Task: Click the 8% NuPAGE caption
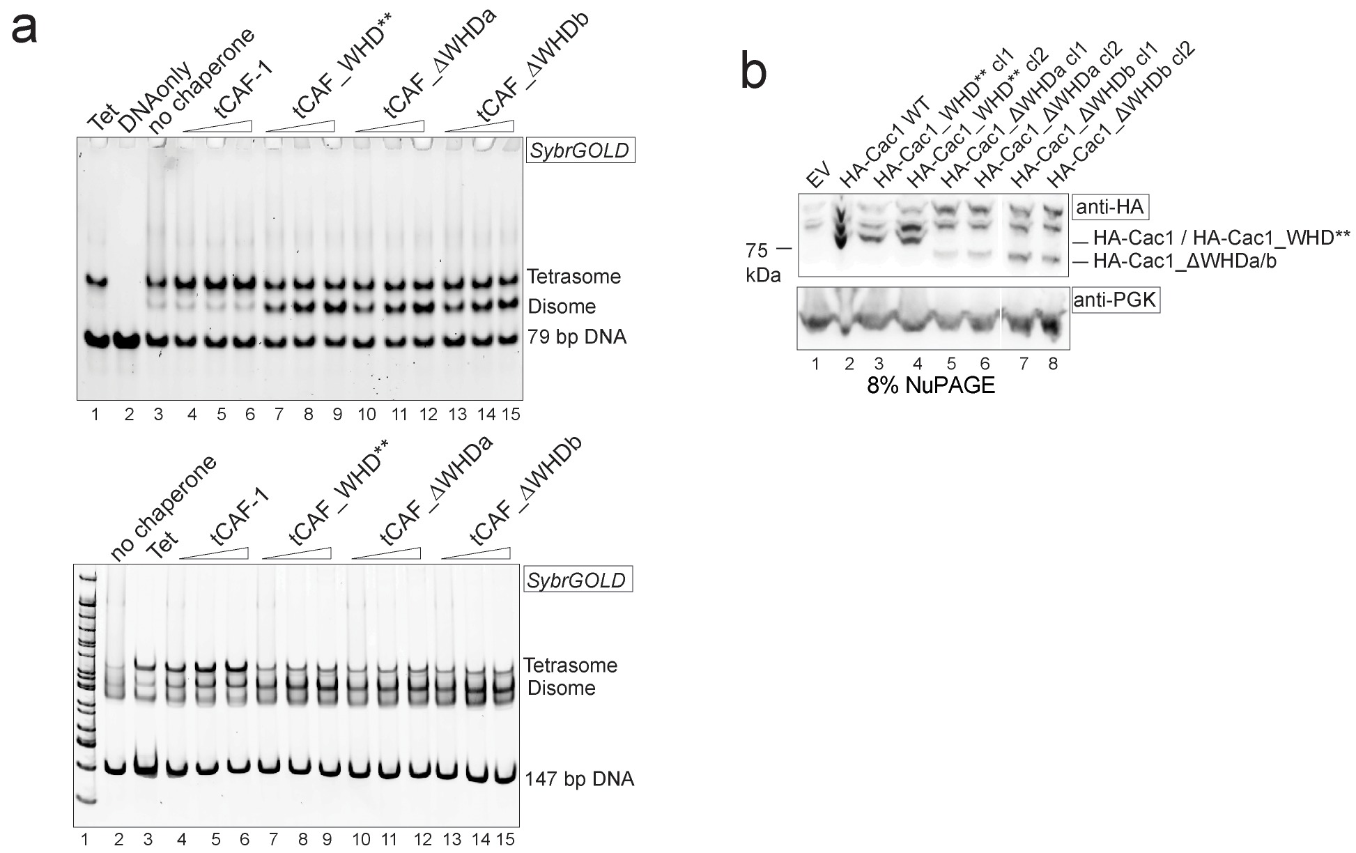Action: pyautogui.click(x=930, y=385)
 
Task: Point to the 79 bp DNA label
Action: pyautogui.click(x=577, y=337)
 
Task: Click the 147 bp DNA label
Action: pyautogui.click(x=580, y=778)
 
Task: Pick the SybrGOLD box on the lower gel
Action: pyautogui.click(x=577, y=581)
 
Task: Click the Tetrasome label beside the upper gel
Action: pyautogui.click(x=573, y=277)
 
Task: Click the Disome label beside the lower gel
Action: pyautogui.click(x=561, y=689)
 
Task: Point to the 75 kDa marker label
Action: pyautogui.click(x=764, y=261)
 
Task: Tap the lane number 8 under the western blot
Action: pyautogui.click(x=1053, y=364)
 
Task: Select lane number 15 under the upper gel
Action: pyautogui.click(x=511, y=415)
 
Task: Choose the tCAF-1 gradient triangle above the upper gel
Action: pyautogui.click(x=217, y=125)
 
